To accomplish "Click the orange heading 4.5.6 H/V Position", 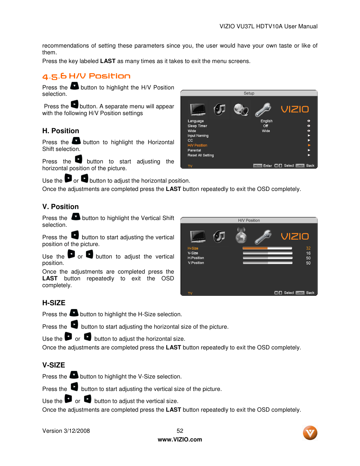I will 86,76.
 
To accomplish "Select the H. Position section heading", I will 61,131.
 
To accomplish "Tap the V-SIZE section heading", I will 54,365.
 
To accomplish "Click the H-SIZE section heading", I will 54,303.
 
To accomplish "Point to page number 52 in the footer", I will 180,431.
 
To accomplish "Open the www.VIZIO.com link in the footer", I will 180,440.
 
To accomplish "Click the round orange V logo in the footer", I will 310,433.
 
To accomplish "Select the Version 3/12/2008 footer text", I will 66,431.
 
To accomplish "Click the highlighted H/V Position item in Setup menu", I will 197,145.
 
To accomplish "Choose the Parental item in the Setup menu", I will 194,150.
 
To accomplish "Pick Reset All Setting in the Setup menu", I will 201,155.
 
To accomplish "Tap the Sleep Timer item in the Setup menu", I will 197,126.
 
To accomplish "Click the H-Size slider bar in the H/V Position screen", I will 268,248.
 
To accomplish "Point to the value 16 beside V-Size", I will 308,253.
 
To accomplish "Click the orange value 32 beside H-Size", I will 308,248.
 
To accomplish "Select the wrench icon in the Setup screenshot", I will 263,110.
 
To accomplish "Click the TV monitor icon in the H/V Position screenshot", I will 198,237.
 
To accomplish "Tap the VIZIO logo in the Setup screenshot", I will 295,109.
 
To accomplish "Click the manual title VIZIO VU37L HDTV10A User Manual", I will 268,26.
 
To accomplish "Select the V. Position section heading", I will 61,207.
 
